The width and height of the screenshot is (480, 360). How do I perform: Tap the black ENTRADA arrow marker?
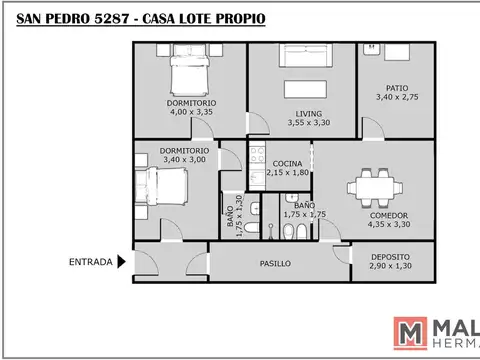(122, 263)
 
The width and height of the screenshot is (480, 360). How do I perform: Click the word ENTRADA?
(89, 263)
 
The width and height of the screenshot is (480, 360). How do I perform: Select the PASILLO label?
(275, 265)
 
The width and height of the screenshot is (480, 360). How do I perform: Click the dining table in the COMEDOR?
(376, 187)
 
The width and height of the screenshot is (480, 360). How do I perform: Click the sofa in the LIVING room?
(302, 58)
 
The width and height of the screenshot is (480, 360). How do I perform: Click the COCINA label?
(287, 163)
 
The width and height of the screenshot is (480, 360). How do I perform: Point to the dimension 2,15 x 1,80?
(288, 173)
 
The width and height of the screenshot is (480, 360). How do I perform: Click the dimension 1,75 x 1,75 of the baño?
(304, 214)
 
